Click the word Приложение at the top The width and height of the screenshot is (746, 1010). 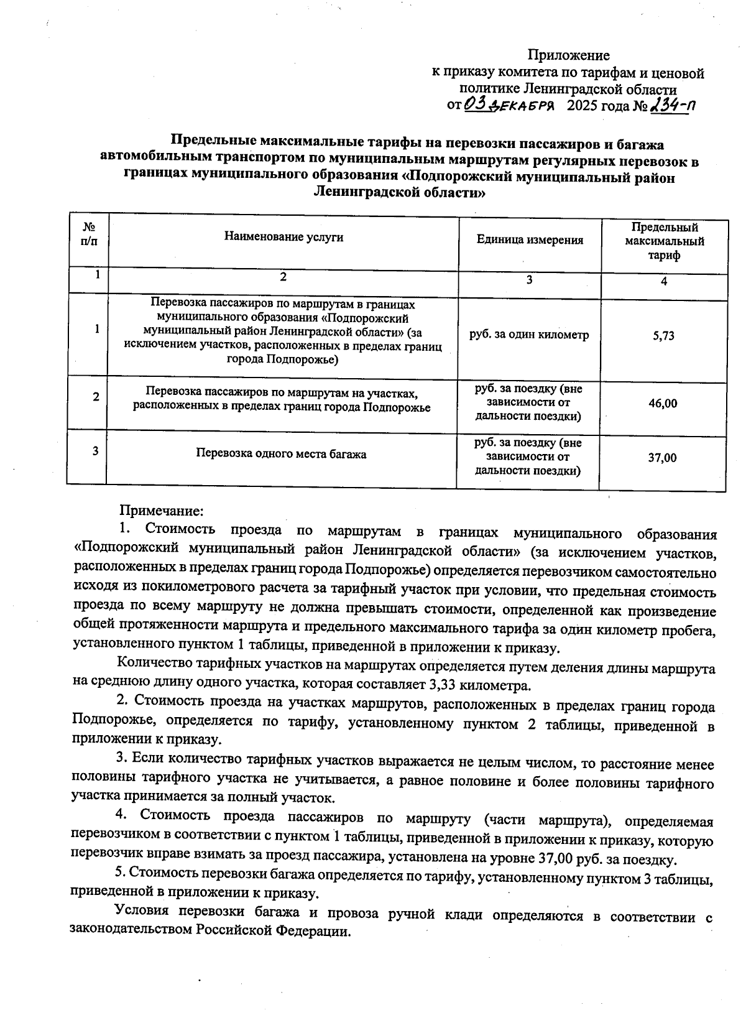click(x=568, y=55)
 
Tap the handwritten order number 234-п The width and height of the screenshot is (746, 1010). click(x=671, y=106)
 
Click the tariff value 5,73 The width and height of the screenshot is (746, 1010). click(x=663, y=336)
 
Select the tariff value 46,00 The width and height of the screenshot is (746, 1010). click(x=663, y=404)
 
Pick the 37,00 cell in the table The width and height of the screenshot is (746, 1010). click(x=662, y=458)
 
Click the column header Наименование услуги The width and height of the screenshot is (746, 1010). click(x=283, y=237)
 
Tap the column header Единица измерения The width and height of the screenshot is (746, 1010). click(x=530, y=240)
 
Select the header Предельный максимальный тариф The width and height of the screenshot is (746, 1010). click(x=664, y=241)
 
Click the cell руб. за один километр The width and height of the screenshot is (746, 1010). click(x=529, y=335)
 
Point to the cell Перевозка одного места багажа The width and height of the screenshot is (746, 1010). click(x=281, y=454)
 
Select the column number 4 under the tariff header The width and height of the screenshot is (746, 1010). click(x=664, y=282)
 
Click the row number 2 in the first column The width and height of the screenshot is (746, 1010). click(x=96, y=397)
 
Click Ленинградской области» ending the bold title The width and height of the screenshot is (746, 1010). click(x=398, y=193)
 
